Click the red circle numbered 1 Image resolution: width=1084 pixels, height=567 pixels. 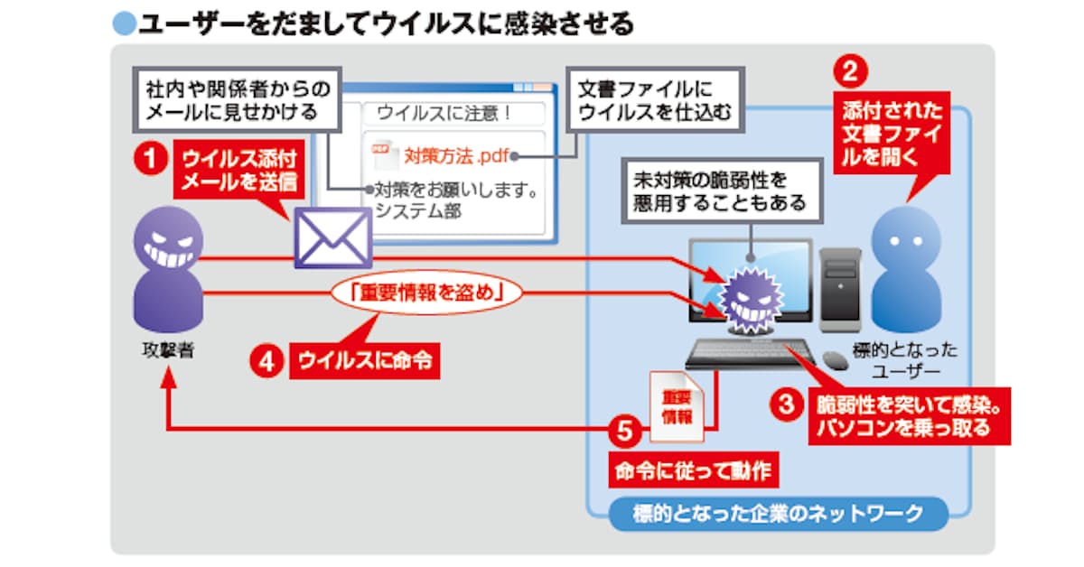[149, 162]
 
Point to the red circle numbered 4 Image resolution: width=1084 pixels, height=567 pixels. [265, 361]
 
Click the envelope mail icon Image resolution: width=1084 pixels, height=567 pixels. [332, 237]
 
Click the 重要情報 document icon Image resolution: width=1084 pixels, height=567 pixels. [676, 407]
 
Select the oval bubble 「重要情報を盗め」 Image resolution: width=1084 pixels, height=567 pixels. [429, 293]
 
